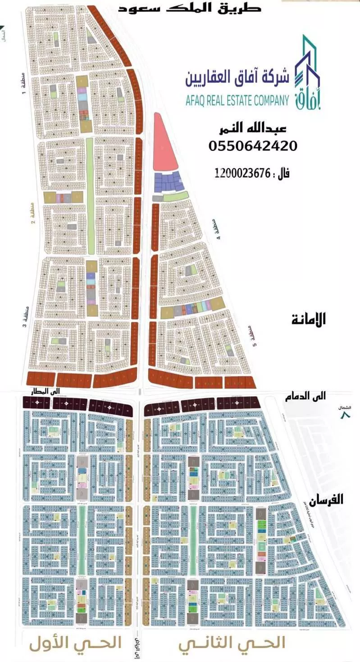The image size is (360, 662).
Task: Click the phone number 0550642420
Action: (x=253, y=146)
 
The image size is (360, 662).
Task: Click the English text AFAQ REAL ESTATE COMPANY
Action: (x=237, y=100)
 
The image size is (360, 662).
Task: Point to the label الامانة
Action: (x=308, y=320)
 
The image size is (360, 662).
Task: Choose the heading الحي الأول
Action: (x=76, y=643)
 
